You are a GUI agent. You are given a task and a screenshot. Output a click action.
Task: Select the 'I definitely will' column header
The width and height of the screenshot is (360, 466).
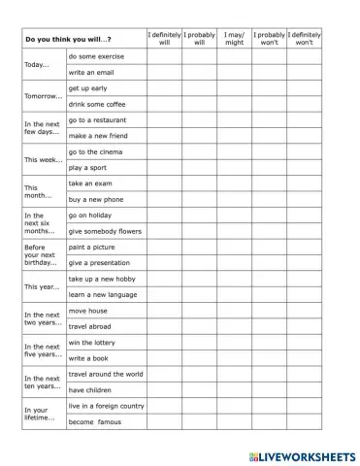tap(164, 39)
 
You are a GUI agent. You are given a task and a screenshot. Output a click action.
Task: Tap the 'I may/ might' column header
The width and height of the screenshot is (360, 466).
tap(234, 39)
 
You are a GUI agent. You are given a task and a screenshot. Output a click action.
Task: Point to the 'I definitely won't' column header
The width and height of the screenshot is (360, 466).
tap(304, 39)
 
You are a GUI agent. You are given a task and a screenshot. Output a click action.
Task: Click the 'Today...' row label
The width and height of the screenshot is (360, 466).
tap(37, 64)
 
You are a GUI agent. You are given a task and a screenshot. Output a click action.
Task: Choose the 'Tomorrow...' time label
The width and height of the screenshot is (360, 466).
tap(44, 96)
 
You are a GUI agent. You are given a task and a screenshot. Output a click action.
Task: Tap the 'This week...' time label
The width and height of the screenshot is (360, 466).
tap(43, 159)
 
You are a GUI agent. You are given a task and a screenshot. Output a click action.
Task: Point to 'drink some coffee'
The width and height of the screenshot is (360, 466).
tap(99, 104)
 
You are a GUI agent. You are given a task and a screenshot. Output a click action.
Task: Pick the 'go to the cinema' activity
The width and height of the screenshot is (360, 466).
tap(98, 151)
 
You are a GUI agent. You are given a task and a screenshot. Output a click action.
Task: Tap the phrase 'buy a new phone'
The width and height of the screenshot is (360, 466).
tap(96, 199)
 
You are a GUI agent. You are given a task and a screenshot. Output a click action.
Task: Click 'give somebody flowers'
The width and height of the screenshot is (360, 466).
tap(105, 231)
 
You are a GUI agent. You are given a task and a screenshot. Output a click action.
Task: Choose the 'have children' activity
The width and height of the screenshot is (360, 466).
tap(92, 389)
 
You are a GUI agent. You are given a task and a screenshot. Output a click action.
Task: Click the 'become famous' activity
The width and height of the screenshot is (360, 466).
tap(96, 422)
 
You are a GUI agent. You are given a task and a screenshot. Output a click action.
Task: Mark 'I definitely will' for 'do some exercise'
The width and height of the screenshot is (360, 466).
tap(164, 56)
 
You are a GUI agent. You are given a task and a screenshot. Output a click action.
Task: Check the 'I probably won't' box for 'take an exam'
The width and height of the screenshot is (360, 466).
tap(269, 183)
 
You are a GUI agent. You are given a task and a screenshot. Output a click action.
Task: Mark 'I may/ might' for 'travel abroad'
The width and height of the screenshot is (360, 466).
tap(234, 326)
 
